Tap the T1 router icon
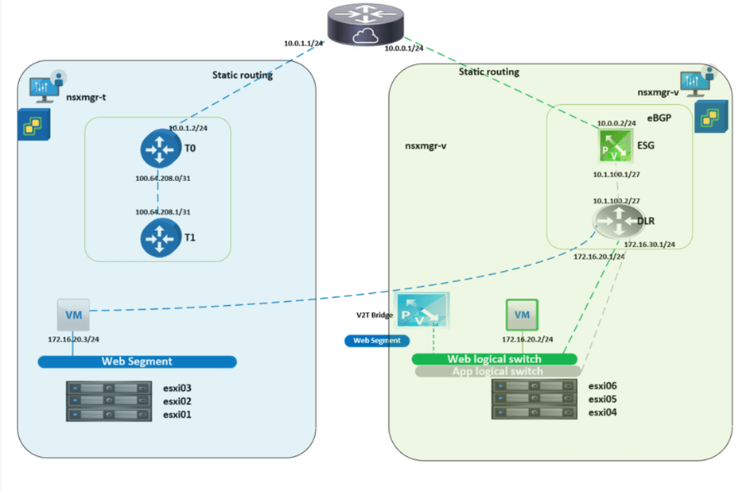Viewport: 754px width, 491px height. click(x=161, y=237)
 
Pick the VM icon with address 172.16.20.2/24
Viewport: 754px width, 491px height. click(x=522, y=315)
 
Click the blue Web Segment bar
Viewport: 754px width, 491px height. click(x=137, y=361)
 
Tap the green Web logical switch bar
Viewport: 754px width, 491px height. click(x=494, y=359)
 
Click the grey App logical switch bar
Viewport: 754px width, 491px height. click(x=497, y=371)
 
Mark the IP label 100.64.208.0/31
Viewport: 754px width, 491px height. click(x=162, y=178)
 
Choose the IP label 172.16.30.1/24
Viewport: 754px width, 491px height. click(x=649, y=245)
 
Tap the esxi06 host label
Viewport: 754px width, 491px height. click(x=602, y=386)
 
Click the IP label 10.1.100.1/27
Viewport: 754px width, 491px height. click(x=615, y=173)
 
